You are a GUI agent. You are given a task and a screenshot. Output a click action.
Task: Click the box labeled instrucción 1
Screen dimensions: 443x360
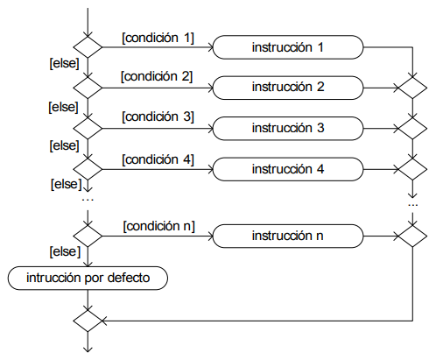point(288,47)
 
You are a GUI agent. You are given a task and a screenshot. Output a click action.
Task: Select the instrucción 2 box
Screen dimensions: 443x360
point(288,88)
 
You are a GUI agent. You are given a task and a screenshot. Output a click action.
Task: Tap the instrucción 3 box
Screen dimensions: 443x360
point(288,129)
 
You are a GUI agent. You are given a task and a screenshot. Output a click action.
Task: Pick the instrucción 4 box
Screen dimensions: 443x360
point(288,169)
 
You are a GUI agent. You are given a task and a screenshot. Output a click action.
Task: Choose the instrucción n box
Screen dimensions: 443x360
point(288,236)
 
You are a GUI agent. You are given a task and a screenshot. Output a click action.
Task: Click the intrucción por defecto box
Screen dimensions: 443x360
point(88,278)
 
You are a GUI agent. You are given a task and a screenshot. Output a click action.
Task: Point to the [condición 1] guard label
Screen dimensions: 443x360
point(158,38)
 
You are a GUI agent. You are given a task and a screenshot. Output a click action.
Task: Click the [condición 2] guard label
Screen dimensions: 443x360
point(157,76)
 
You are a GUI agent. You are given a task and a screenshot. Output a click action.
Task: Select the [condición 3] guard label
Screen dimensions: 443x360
point(158,116)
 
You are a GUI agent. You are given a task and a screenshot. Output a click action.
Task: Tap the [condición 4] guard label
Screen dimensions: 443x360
point(158,159)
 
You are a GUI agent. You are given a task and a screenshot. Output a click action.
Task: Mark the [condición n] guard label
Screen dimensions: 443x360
point(159,226)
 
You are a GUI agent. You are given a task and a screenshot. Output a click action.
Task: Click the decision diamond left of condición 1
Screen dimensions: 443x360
point(88,47)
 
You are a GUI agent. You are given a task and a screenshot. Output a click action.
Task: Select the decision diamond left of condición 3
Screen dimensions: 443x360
point(88,129)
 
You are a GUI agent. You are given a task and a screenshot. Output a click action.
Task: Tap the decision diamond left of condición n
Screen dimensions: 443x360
point(88,236)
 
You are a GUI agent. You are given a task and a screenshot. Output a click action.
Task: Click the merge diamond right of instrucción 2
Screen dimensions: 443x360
point(412,88)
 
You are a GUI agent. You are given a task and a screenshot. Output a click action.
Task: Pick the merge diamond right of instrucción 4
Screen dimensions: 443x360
point(412,169)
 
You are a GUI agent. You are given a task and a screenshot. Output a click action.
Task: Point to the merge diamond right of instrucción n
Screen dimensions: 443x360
point(412,236)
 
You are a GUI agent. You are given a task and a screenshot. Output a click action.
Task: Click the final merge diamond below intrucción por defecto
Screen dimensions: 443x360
point(88,321)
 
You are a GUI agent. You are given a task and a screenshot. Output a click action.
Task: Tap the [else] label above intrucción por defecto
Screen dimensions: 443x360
point(65,251)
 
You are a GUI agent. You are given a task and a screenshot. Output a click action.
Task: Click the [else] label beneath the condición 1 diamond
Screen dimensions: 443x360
point(65,63)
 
